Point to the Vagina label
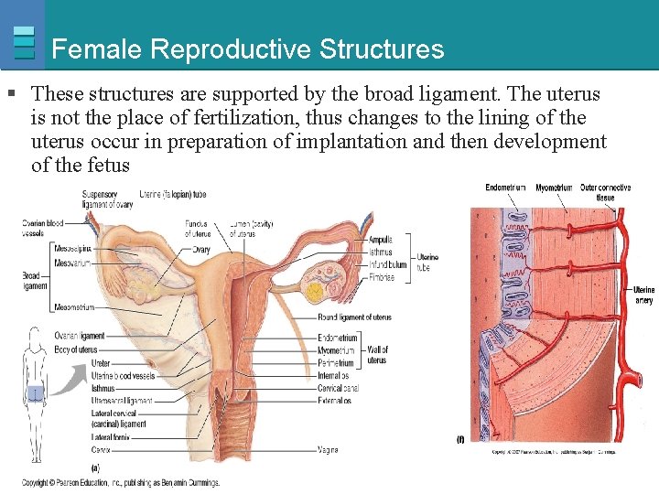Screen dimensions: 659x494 click(328, 450)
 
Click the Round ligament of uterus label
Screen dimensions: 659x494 click(354, 317)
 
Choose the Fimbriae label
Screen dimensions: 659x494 click(382, 277)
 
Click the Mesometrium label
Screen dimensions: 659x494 click(75, 307)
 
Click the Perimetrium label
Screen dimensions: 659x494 click(335, 363)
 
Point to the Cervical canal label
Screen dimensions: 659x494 click(338, 388)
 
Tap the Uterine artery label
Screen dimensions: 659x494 click(643, 295)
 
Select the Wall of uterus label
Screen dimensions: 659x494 click(377, 355)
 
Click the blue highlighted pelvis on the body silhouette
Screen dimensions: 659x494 click(35, 392)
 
